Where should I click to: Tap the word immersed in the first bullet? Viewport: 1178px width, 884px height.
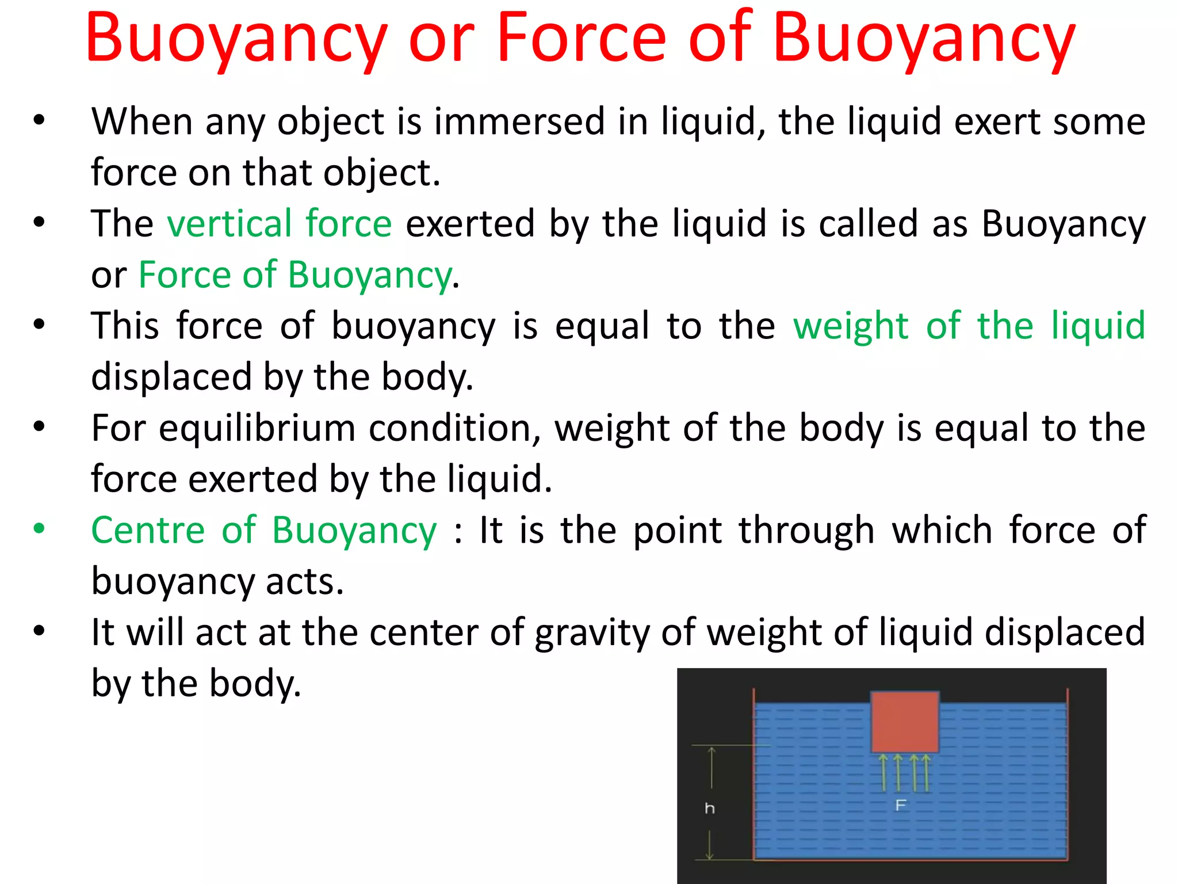[519, 121]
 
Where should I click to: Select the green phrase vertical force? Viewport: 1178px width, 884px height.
[280, 223]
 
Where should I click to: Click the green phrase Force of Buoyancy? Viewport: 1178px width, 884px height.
[294, 275]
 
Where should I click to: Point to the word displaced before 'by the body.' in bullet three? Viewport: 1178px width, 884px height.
[171, 377]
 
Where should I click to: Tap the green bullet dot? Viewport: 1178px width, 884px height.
[39, 528]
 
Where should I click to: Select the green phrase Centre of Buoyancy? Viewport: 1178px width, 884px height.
[264, 530]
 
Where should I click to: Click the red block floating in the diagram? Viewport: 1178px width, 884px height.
[905, 722]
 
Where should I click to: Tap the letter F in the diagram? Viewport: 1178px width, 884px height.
[901, 805]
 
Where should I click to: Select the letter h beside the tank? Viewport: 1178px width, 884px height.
[710, 809]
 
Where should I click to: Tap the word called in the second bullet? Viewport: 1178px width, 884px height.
[868, 223]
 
